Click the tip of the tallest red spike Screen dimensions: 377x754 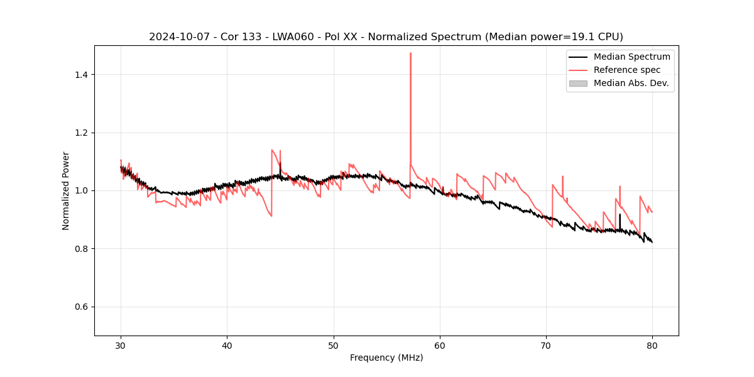point(410,53)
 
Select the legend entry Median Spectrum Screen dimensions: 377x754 point(631,57)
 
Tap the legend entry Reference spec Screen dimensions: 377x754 point(626,70)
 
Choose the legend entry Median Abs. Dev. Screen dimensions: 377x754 point(631,83)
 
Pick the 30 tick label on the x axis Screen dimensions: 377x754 point(121,345)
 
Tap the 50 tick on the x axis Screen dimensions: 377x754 point(334,336)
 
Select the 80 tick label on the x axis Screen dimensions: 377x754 point(652,345)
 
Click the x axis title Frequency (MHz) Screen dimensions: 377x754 point(386,358)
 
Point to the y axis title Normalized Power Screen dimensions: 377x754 point(66,190)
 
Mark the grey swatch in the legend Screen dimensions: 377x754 point(578,83)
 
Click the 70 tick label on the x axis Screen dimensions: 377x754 point(546,345)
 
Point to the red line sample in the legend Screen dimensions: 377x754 point(578,70)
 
